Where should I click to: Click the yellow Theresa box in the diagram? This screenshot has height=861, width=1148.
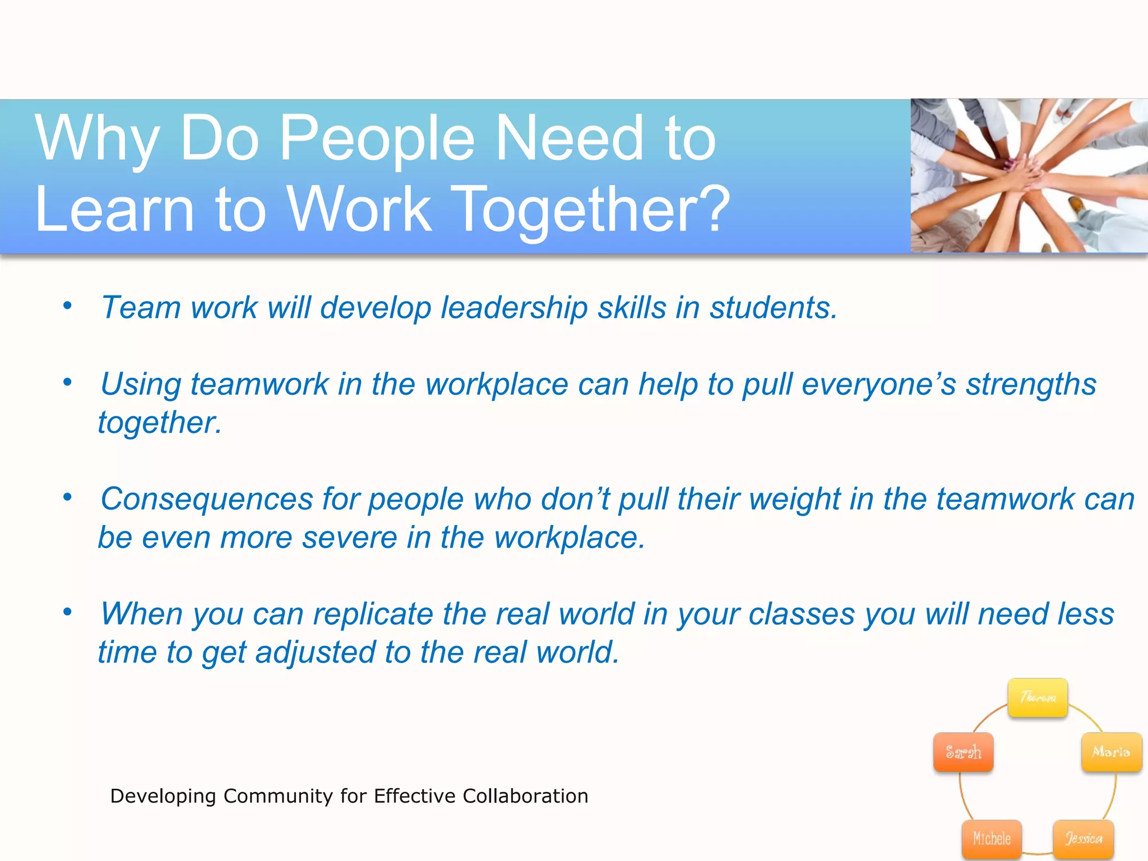[x=1037, y=697]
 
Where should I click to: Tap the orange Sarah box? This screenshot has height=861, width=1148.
[x=963, y=752]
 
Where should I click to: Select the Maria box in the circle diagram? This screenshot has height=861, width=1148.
[x=1111, y=752]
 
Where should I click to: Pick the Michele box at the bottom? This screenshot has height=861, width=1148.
[x=992, y=839]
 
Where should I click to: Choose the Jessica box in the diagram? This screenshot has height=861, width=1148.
[x=1083, y=839]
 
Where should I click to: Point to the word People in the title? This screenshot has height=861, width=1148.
[x=377, y=138]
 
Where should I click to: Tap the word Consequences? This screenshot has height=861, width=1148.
[x=206, y=499]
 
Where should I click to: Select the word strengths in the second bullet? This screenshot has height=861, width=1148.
[x=1031, y=385]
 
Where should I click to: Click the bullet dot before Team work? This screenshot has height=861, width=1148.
[x=68, y=305]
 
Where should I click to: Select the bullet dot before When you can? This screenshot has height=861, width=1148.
[x=68, y=612]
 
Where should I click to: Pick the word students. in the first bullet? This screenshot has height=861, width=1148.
[x=774, y=308]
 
